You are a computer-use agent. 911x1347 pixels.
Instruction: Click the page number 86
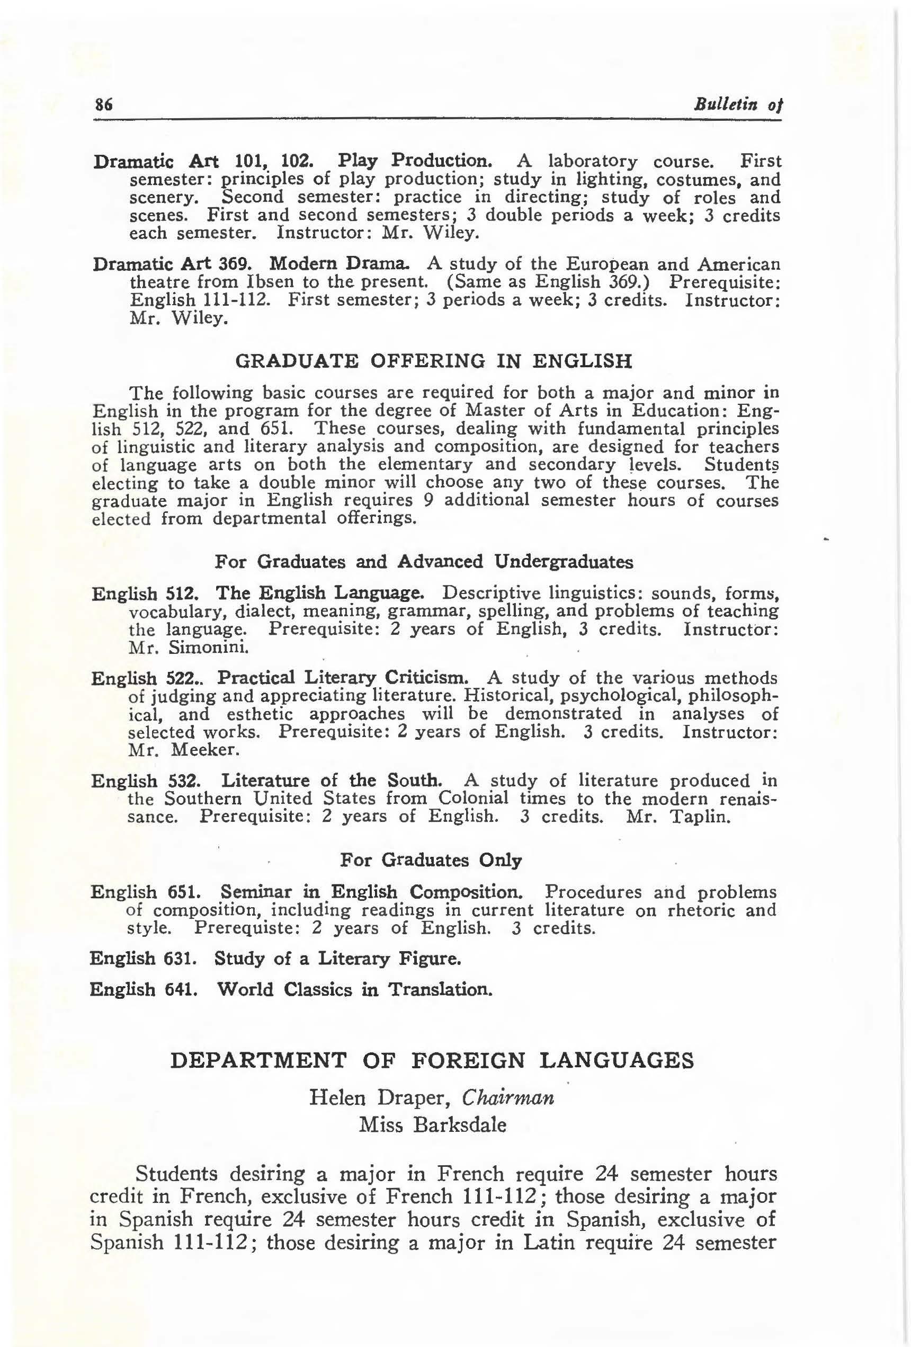[103, 105]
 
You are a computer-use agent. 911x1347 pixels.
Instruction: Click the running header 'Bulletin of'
[738, 105]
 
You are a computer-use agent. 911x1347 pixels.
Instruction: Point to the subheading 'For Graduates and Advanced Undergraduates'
[424, 561]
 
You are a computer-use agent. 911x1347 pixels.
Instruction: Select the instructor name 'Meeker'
[197, 749]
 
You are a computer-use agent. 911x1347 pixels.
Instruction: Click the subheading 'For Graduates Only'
[431, 859]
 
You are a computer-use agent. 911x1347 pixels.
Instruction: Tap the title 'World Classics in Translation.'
[355, 989]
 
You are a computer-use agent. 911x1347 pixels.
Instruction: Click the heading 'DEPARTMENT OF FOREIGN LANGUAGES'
[432, 1060]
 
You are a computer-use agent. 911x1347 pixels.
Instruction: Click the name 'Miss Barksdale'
[432, 1125]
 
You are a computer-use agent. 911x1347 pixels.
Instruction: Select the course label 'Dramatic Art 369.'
[172, 264]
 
